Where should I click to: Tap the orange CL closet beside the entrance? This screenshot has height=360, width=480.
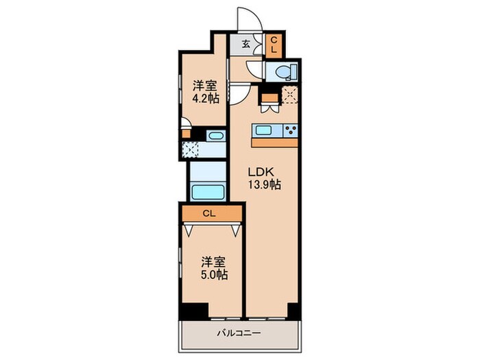[x=272, y=46]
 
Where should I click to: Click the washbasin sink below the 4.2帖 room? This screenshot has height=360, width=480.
[x=215, y=135]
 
